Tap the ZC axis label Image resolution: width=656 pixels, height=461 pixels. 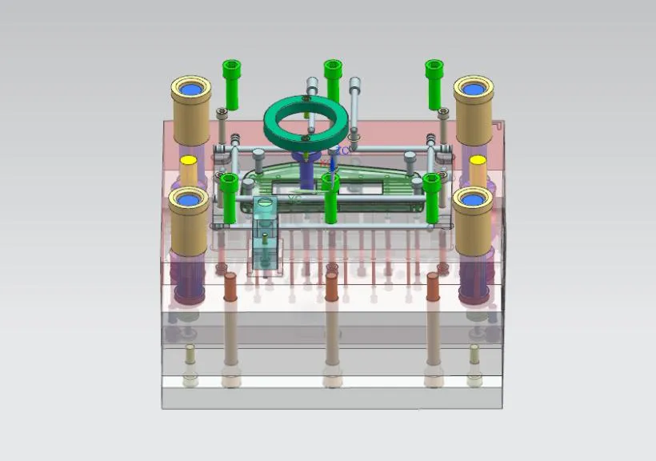[x=342, y=150]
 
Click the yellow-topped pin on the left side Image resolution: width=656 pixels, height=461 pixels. [x=189, y=170]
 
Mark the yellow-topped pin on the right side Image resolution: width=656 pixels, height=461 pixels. [x=478, y=170]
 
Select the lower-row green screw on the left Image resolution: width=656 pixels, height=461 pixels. [x=229, y=196]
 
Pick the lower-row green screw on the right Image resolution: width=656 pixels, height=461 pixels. [x=432, y=196]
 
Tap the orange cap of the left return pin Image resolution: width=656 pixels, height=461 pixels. [x=230, y=286]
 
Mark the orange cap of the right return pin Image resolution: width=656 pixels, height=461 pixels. [x=433, y=286]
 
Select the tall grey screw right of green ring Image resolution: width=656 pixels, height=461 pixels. [x=354, y=100]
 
